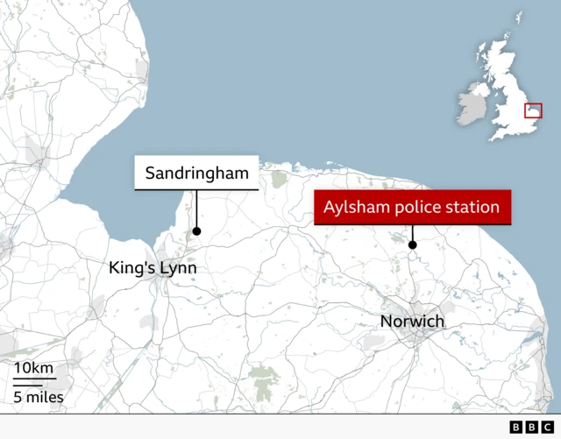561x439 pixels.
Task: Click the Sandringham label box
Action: pyautogui.click(x=196, y=173)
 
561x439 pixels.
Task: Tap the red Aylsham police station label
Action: pyautogui.click(x=412, y=208)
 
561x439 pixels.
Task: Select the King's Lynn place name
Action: pyautogui.click(x=153, y=267)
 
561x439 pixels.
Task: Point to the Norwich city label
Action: pyautogui.click(x=412, y=322)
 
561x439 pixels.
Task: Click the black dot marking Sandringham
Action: pyautogui.click(x=196, y=231)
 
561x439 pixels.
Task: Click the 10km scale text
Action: pyautogui.click(x=33, y=367)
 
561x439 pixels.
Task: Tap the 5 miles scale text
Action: pyautogui.click(x=39, y=399)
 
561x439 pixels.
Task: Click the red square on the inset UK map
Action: pyautogui.click(x=533, y=110)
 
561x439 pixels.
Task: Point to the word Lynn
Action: pyautogui.click(x=178, y=267)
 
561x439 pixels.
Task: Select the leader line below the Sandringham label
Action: pyautogui.click(x=196, y=209)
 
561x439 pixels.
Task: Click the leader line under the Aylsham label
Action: pyautogui.click(x=412, y=233)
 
